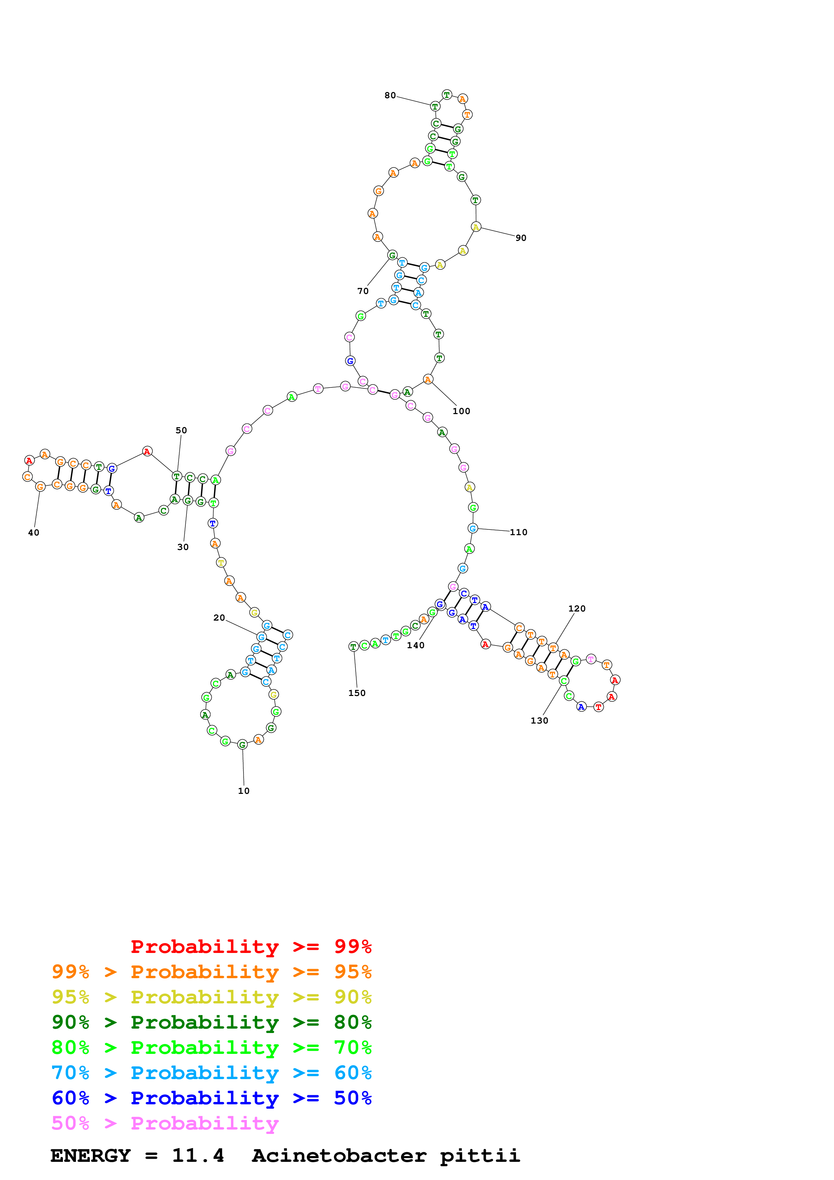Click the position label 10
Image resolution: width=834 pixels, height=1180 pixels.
pos(244,791)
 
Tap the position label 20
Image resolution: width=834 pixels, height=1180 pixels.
pos(219,618)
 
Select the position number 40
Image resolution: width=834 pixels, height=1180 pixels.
pos(33,533)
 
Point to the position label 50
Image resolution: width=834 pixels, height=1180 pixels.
pos(181,431)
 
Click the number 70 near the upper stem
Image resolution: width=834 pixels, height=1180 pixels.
pos(363,291)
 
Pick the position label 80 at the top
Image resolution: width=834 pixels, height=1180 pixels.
pos(390,96)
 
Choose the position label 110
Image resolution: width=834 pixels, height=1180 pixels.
pos(518,532)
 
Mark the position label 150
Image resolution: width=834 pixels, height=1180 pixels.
pos(357,693)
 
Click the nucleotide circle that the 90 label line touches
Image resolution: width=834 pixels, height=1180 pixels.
pos(476,227)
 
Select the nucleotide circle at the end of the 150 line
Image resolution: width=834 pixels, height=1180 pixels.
pos(353,647)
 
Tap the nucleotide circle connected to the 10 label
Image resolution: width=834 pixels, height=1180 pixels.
pos(242,745)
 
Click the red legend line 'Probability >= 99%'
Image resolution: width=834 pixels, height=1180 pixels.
pos(251,947)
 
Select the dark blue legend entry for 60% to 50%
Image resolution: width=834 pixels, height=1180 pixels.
pos(211,1098)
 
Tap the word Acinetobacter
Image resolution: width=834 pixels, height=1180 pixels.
pos(339,1155)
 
